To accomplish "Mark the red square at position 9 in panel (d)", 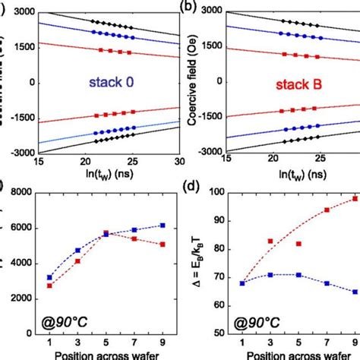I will [x=354, y=199].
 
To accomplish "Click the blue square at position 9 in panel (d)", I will [x=354, y=292].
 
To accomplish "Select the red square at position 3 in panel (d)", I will [x=271, y=242].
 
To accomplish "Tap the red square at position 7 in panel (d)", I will [x=327, y=210].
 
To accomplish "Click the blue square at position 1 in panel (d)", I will [x=243, y=283].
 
